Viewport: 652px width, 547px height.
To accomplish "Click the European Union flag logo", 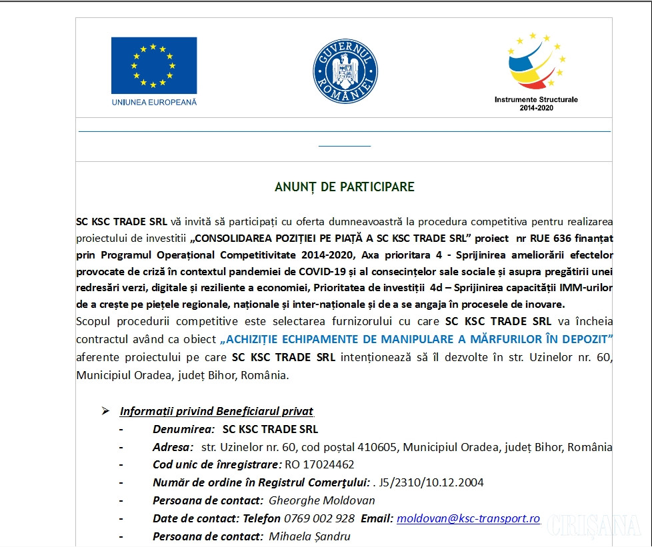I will click(x=154, y=65).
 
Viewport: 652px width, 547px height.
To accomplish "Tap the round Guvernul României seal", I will click(x=345, y=71).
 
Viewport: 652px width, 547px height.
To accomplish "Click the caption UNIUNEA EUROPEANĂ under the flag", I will click(x=154, y=103).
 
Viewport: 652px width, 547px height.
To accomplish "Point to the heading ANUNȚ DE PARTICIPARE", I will click(x=344, y=187).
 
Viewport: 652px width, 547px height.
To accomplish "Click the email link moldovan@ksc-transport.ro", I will click(x=468, y=518).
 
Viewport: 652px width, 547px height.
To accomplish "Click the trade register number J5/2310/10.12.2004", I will click(x=431, y=482).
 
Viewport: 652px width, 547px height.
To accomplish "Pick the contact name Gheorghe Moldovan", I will click(x=321, y=500).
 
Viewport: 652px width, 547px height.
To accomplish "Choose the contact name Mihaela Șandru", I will click(x=309, y=536).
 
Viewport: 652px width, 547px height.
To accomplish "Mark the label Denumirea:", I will click(x=183, y=429).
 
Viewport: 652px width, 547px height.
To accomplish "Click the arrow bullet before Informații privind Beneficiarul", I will click(x=105, y=411).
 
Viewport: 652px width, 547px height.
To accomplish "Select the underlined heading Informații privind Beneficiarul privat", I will click(x=217, y=411).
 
